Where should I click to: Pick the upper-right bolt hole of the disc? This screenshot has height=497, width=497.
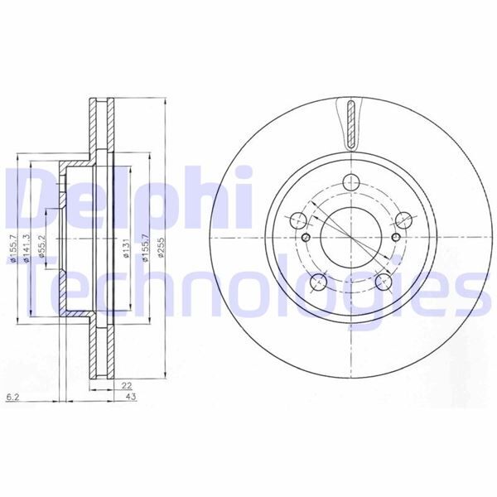pyautogui.click(x=403, y=220)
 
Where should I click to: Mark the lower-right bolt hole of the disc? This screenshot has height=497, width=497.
pyautogui.click(x=383, y=282)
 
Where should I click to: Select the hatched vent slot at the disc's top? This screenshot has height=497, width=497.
pyautogui.click(x=351, y=121)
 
